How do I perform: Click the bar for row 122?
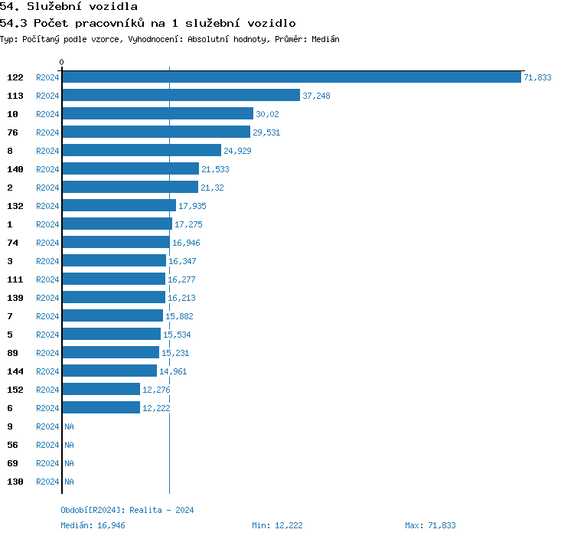coord(292,77)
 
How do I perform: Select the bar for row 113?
coord(181,96)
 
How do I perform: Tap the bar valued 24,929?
coord(142,151)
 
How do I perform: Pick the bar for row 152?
coord(101,390)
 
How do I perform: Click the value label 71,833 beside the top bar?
coord(537,77)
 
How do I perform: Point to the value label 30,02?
coord(267,114)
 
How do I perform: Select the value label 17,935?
coord(192,206)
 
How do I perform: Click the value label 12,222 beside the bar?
coord(156,408)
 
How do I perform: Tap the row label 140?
coord(15,169)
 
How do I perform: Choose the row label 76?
coord(12,132)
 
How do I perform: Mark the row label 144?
coord(15,371)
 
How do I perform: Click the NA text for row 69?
coord(69,463)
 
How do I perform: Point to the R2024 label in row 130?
coord(47,482)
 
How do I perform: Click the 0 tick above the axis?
coord(62,63)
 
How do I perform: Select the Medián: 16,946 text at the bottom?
coord(93,525)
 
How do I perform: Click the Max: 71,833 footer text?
coord(430,525)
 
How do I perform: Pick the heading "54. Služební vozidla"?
coord(69,7)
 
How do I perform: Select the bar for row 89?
coord(110,353)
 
